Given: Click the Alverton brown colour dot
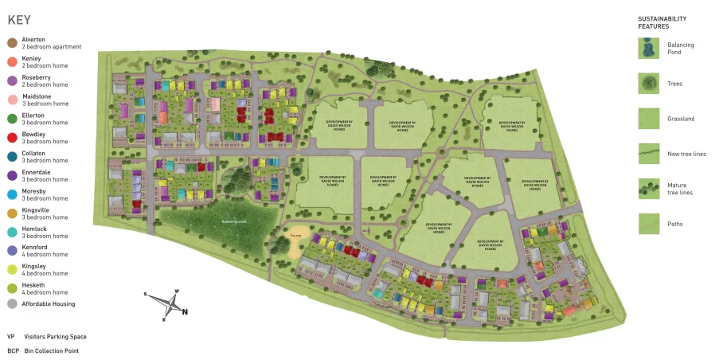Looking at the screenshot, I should pyautogui.click(x=12, y=43).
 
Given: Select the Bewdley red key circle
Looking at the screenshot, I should pyautogui.click(x=12, y=138).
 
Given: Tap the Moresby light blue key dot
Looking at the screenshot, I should pyautogui.click(x=12, y=194).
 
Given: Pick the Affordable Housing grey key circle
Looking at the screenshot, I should pyautogui.click(x=12, y=303).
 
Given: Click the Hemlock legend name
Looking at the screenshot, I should pyautogui.click(x=35, y=229).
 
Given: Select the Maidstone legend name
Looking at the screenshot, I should pyautogui.click(x=37, y=96).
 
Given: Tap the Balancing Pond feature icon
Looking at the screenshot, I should pyautogui.click(x=649, y=49).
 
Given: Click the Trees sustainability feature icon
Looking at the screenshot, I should pyautogui.click(x=649, y=84).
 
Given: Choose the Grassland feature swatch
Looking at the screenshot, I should pyautogui.click(x=649, y=119).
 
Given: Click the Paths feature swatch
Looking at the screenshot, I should pyautogui.click(x=649, y=224).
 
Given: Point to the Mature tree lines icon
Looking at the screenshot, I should pyautogui.click(x=649, y=189).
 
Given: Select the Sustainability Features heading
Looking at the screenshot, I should pyautogui.click(x=662, y=22).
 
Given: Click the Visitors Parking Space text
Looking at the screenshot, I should pyautogui.click(x=55, y=337).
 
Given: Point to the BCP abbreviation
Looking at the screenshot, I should pyautogui.click(x=13, y=350).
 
